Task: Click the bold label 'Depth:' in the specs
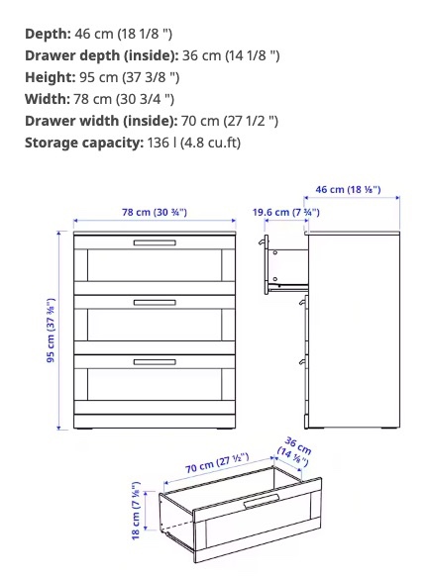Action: pyautogui.click(x=47, y=34)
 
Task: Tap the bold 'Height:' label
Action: pyautogui.click(x=50, y=77)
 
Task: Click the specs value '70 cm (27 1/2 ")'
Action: pyautogui.click(x=229, y=121)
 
